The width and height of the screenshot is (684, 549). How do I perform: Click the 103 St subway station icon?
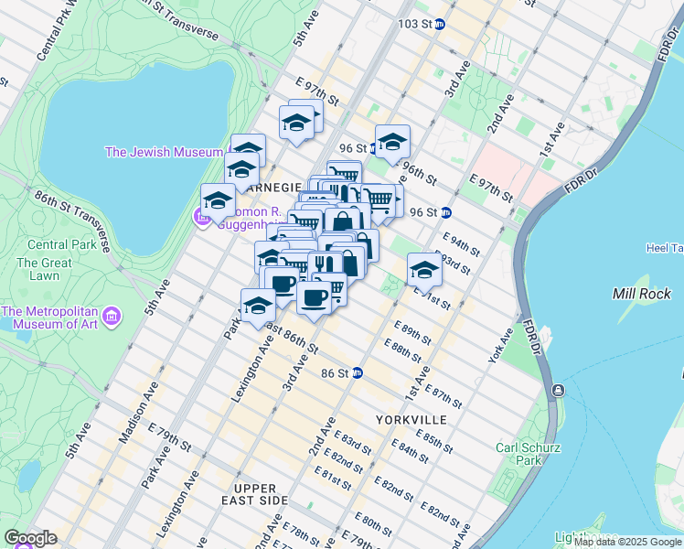pyautogui.click(x=439, y=24)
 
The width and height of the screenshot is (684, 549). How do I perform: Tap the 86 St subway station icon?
pyautogui.click(x=358, y=372)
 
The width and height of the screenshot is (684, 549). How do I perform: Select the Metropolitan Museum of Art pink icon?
pyautogui.click(x=112, y=316)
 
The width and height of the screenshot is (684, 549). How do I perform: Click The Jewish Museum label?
pyautogui.click(x=164, y=152)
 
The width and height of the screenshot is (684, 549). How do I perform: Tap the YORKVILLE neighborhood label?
pyautogui.click(x=411, y=419)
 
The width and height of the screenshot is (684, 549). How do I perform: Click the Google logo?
pyautogui.click(x=30, y=538)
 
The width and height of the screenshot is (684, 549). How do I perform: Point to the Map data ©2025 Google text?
pyautogui.click(x=628, y=542)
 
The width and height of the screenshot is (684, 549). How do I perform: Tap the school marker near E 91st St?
pyautogui.click(x=423, y=269)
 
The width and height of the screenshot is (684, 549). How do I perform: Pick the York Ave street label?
pyautogui.click(x=500, y=345)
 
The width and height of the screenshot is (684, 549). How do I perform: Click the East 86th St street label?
pyautogui.click(x=291, y=339)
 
